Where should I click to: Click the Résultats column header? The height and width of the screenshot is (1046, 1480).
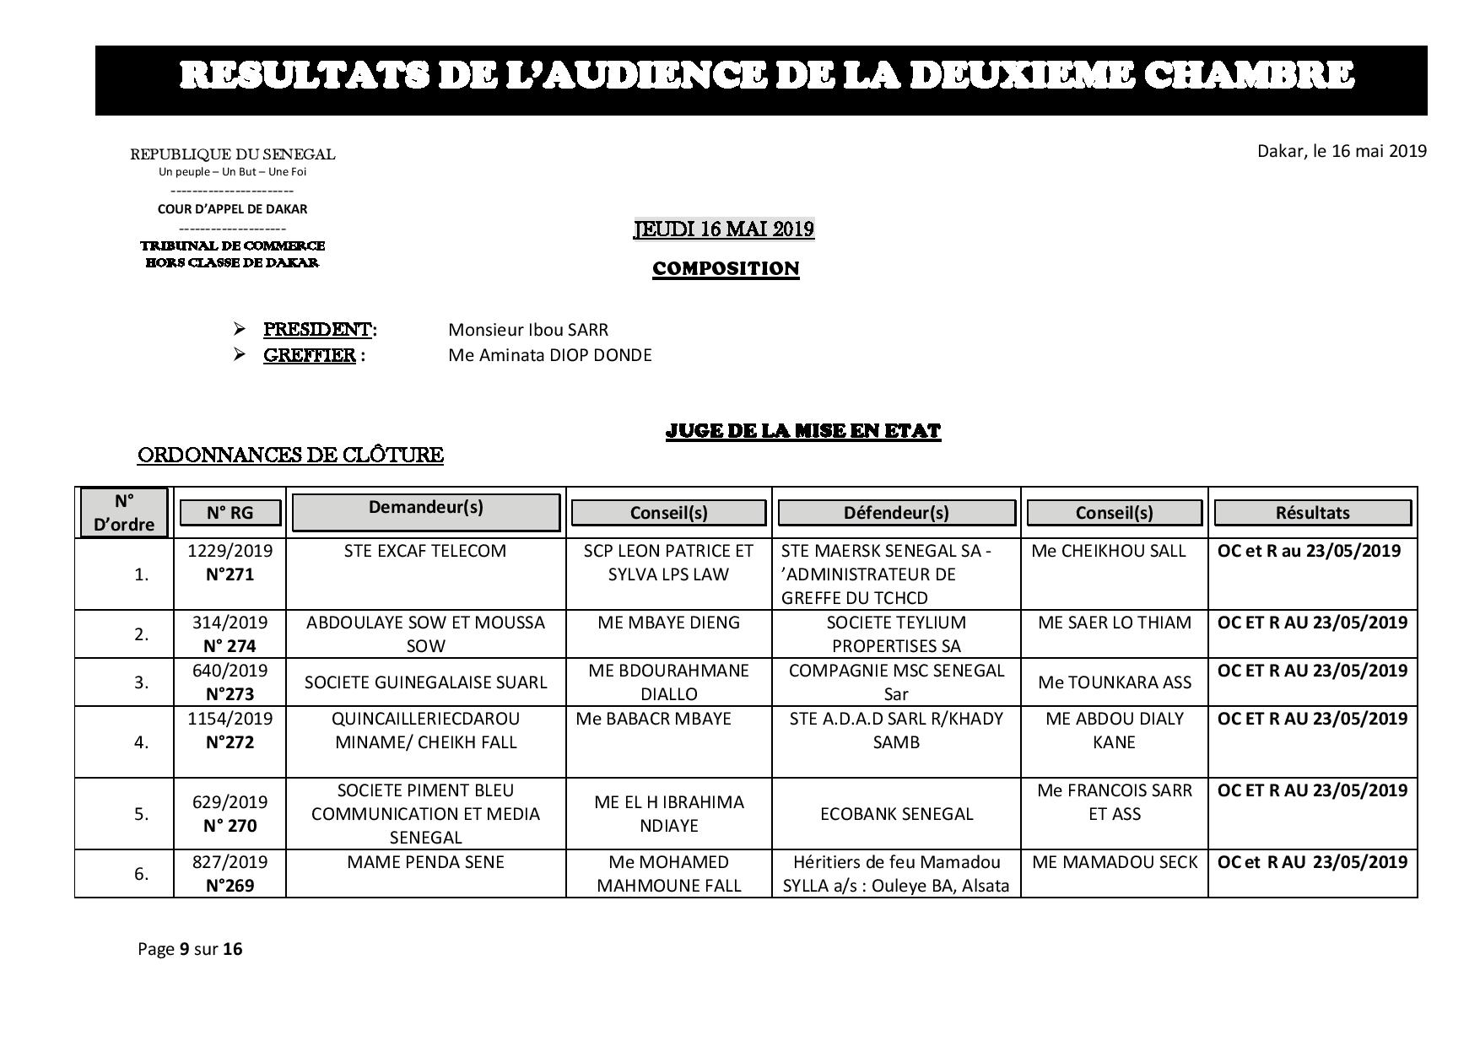click(x=1312, y=512)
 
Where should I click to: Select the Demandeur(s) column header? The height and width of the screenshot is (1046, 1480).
click(x=425, y=508)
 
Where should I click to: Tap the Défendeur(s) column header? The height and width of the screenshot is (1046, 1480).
click(x=896, y=512)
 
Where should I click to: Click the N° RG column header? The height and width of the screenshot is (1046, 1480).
click(x=230, y=512)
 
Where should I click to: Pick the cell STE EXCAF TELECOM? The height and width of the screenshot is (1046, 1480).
click(x=425, y=551)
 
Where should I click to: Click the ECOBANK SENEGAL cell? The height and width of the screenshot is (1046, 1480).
click(x=896, y=814)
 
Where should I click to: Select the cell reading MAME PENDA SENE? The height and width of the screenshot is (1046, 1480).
click(x=425, y=862)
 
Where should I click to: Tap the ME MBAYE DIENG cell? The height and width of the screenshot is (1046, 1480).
click(x=668, y=623)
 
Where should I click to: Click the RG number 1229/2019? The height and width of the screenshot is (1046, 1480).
click(x=230, y=551)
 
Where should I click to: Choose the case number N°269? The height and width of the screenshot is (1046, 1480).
click(x=230, y=886)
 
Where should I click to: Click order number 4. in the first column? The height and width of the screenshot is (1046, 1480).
click(x=141, y=742)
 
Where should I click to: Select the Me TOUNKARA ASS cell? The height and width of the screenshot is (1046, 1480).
click(x=1114, y=682)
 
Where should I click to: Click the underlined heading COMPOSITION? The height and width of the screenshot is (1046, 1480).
click(x=726, y=269)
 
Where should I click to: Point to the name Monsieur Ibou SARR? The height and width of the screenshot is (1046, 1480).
click(x=528, y=330)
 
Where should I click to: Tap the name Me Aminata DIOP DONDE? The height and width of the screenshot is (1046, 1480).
click(x=550, y=355)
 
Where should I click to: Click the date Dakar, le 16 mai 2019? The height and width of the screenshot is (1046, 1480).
click(x=1342, y=151)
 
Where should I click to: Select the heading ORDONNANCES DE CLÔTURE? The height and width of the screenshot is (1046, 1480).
click(x=290, y=456)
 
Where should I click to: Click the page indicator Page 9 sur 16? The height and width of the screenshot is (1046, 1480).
click(x=190, y=949)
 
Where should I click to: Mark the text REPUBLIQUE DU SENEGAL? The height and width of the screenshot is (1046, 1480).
click(x=232, y=154)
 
